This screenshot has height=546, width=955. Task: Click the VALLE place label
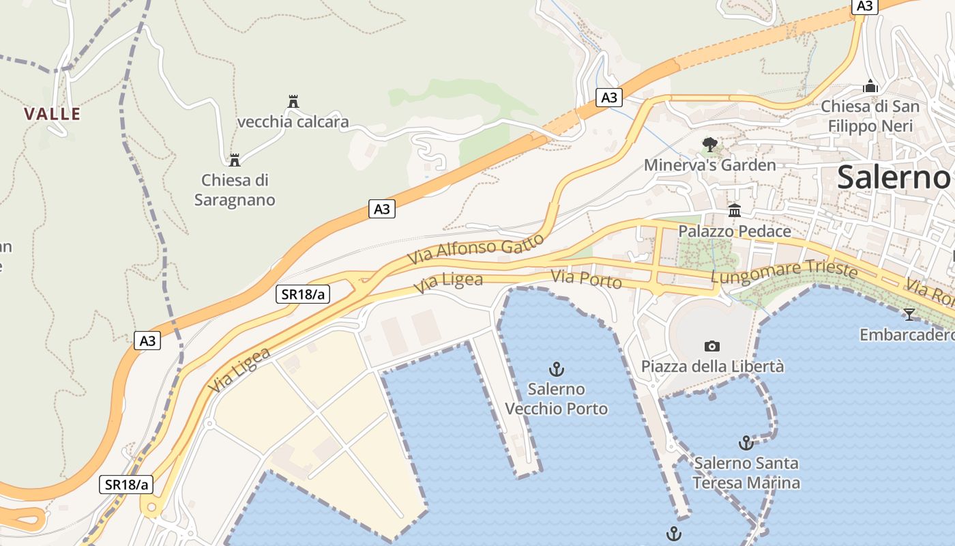[53, 114]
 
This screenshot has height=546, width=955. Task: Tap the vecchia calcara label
[293, 122]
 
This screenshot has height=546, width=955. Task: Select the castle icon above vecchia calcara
[293, 102]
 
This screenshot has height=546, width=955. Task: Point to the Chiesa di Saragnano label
[235, 190]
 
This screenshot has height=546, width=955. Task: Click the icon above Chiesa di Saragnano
[235, 160]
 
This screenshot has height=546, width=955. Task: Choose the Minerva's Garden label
[710, 165]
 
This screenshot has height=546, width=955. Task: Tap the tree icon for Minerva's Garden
[710, 144]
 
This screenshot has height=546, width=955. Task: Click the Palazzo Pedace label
[734, 231]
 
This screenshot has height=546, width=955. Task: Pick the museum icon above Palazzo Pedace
[735, 211]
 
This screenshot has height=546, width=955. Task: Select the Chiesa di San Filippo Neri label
[870, 116]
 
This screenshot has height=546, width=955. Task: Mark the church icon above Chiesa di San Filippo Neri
[870, 87]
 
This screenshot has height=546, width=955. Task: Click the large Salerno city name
[894, 177]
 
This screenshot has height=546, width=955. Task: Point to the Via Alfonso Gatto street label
[476, 250]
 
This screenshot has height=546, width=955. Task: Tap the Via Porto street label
[587, 279]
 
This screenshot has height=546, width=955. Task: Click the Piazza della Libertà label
[712, 367]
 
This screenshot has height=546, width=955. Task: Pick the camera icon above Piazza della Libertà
[712, 346]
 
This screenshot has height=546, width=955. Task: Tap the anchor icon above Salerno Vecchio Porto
[557, 369]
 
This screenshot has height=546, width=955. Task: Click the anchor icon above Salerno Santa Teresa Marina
[746, 443]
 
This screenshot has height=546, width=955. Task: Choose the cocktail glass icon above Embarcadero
[909, 315]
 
